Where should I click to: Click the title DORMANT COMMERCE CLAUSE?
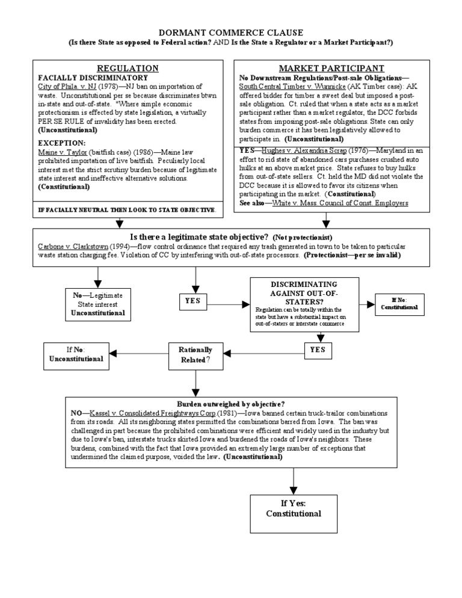tap(230, 32)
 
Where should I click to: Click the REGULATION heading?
tap(128, 69)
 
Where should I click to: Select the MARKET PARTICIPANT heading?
tap(331, 69)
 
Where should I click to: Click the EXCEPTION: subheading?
tap(62, 143)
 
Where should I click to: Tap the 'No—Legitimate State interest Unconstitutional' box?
tap(98, 304)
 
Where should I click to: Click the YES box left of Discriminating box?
tap(196, 301)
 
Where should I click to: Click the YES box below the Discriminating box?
tap(317, 350)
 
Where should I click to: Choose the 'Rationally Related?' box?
tap(196, 354)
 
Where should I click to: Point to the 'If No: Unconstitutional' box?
tap(76, 354)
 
